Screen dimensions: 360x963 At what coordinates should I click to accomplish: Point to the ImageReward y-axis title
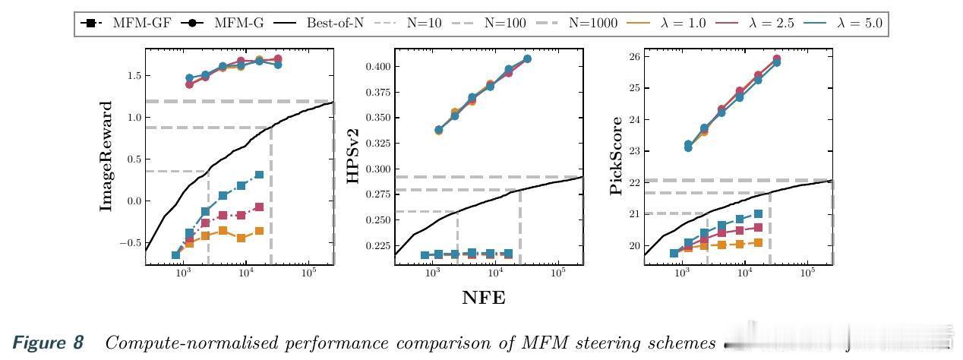tap(107, 156)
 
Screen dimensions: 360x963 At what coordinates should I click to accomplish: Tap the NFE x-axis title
tap(484, 298)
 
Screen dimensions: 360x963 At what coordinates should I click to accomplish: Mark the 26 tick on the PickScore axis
tap(630, 56)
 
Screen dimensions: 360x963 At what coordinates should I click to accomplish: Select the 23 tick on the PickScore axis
tap(630, 151)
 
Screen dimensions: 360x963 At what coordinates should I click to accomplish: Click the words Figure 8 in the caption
tap(48, 343)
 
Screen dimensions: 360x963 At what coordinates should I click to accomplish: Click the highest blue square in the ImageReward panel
tap(260, 175)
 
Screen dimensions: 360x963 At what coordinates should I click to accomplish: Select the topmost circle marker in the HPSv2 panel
tap(528, 58)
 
